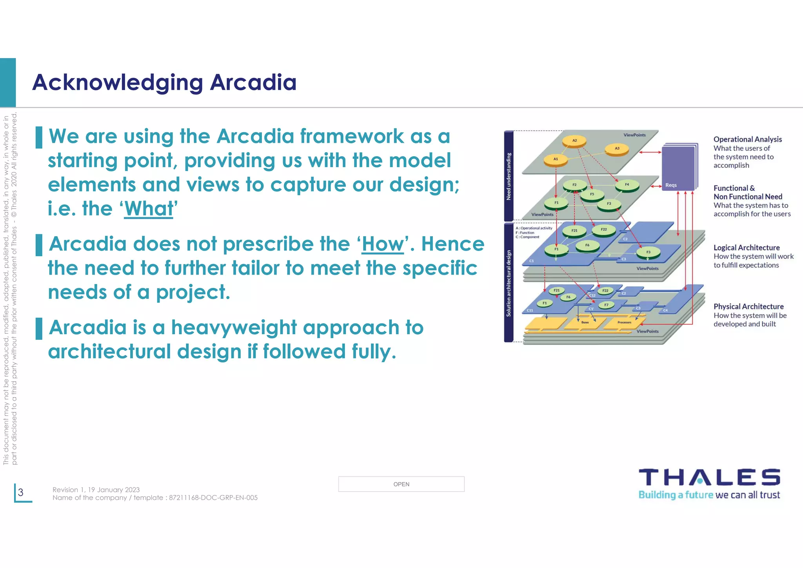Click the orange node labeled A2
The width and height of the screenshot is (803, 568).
(x=574, y=140)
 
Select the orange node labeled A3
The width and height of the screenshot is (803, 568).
(x=617, y=149)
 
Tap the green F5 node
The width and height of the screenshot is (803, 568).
(x=592, y=194)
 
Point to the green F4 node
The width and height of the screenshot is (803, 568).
(x=627, y=185)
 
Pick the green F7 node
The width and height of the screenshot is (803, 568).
(x=606, y=305)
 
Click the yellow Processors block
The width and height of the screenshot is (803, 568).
(x=624, y=322)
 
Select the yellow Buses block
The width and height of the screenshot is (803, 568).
(x=585, y=322)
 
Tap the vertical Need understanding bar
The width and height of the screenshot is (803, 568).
(x=509, y=176)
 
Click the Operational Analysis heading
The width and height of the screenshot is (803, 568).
(x=747, y=139)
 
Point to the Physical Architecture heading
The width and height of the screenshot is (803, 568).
(x=748, y=306)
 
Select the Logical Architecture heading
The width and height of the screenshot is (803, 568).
(x=746, y=248)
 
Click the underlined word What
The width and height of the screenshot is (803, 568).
(x=149, y=209)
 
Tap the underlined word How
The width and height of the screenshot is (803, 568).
(x=382, y=244)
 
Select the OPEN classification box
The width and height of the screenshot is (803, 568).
(x=401, y=484)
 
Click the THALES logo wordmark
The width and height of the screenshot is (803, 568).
(x=709, y=477)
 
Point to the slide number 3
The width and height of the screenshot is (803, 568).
(x=21, y=492)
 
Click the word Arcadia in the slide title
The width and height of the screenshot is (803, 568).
(x=253, y=82)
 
